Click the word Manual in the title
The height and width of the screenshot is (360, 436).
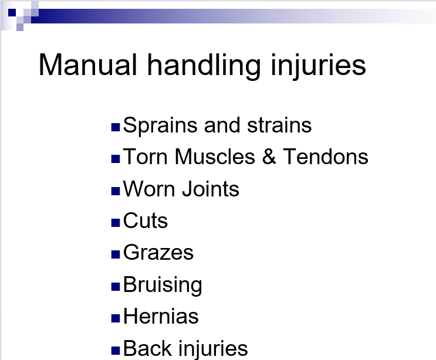click(87, 64)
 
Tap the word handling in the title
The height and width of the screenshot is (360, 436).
click(204, 67)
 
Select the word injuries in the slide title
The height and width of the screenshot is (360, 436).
click(318, 67)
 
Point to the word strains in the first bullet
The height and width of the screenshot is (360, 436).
click(279, 125)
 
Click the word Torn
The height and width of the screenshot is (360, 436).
click(145, 157)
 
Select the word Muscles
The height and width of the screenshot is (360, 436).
click(215, 157)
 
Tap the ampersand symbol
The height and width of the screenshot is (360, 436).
click(269, 157)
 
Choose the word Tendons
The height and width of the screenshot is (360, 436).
click(325, 157)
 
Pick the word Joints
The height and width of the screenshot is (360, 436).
click(211, 189)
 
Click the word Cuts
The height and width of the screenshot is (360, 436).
click(146, 220)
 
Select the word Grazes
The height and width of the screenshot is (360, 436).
click(158, 253)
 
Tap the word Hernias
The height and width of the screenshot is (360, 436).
click(161, 316)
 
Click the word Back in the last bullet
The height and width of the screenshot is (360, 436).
click(147, 348)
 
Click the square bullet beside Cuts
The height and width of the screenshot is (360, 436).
click(116, 223)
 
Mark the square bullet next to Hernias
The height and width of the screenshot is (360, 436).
click(116, 318)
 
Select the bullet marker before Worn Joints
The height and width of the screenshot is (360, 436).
click(116, 191)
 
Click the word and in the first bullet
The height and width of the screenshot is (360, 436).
click(222, 125)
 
